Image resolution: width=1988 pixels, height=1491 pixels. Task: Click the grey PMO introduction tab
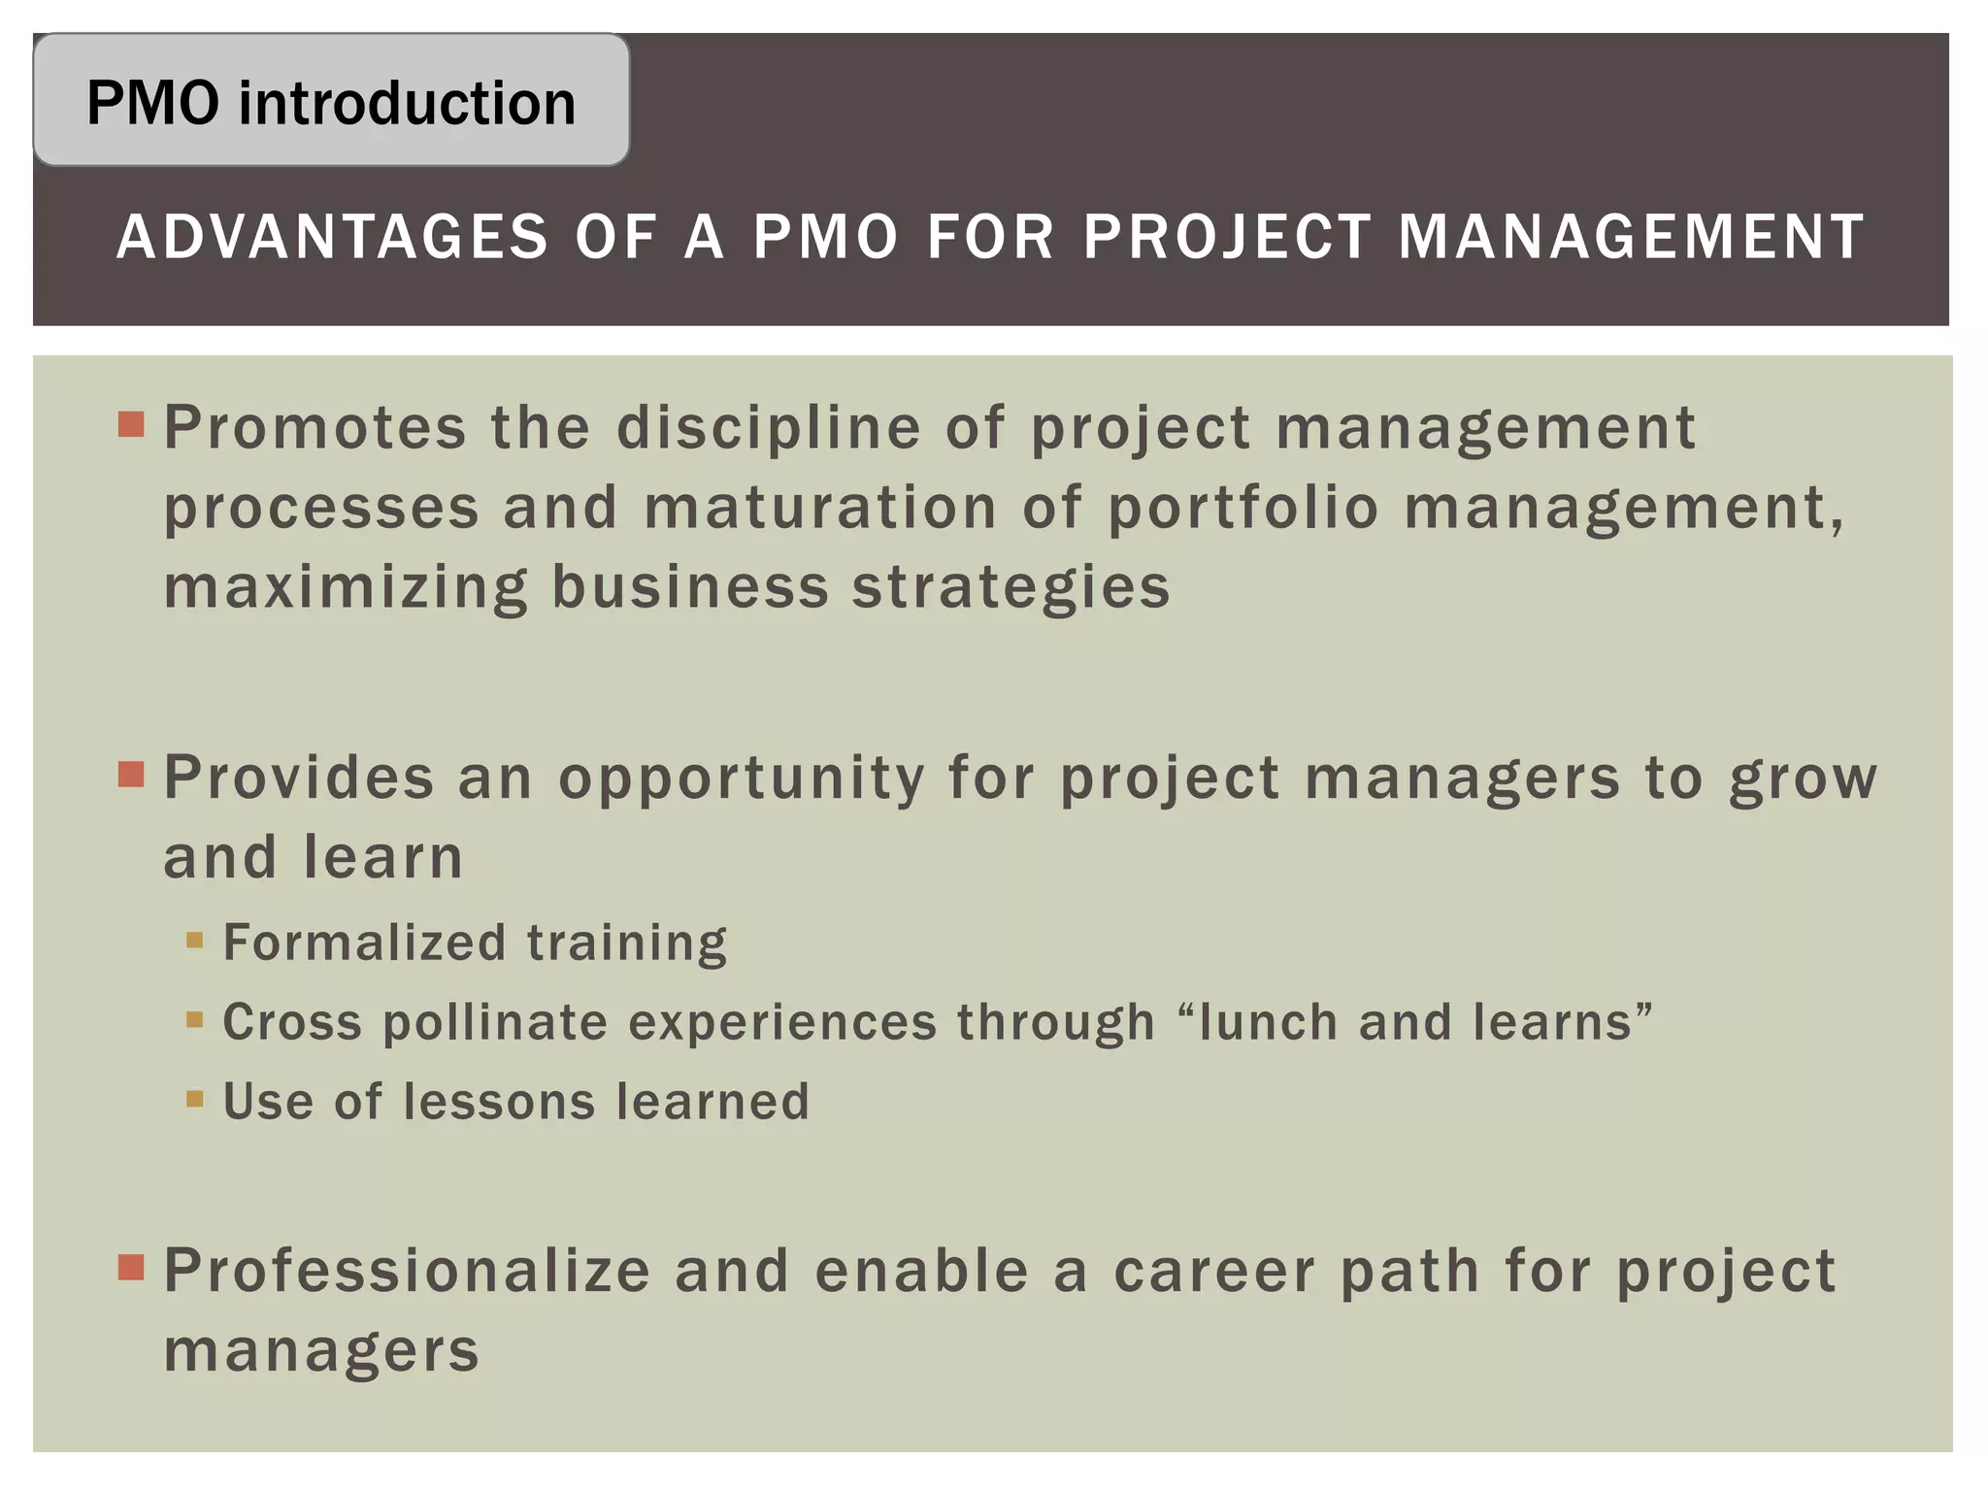tap(331, 101)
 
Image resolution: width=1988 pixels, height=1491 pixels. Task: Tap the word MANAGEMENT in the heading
tap(1631, 237)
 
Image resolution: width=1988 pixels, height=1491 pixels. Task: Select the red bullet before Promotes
tap(131, 424)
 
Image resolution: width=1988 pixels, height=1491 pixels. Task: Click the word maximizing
tap(346, 588)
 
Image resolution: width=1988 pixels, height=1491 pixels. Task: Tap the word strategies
tap(1011, 588)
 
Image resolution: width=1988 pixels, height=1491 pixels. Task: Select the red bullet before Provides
tap(131, 774)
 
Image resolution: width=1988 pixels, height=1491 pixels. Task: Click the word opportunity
tap(742, 779)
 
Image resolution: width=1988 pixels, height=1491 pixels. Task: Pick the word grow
tap(1804, 779)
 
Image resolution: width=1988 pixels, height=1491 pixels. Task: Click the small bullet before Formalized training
tap(195, 940)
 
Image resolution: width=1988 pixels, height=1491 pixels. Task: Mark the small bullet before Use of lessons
tap(195, 1099)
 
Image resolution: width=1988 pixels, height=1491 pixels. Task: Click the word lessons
tap(499, 1102)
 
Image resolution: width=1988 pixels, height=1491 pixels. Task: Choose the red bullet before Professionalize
tap(131, 1267)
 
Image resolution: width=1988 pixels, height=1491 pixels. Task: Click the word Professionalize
tap(407, 1271)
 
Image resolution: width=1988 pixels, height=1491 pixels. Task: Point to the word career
tap(1214, 1271)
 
